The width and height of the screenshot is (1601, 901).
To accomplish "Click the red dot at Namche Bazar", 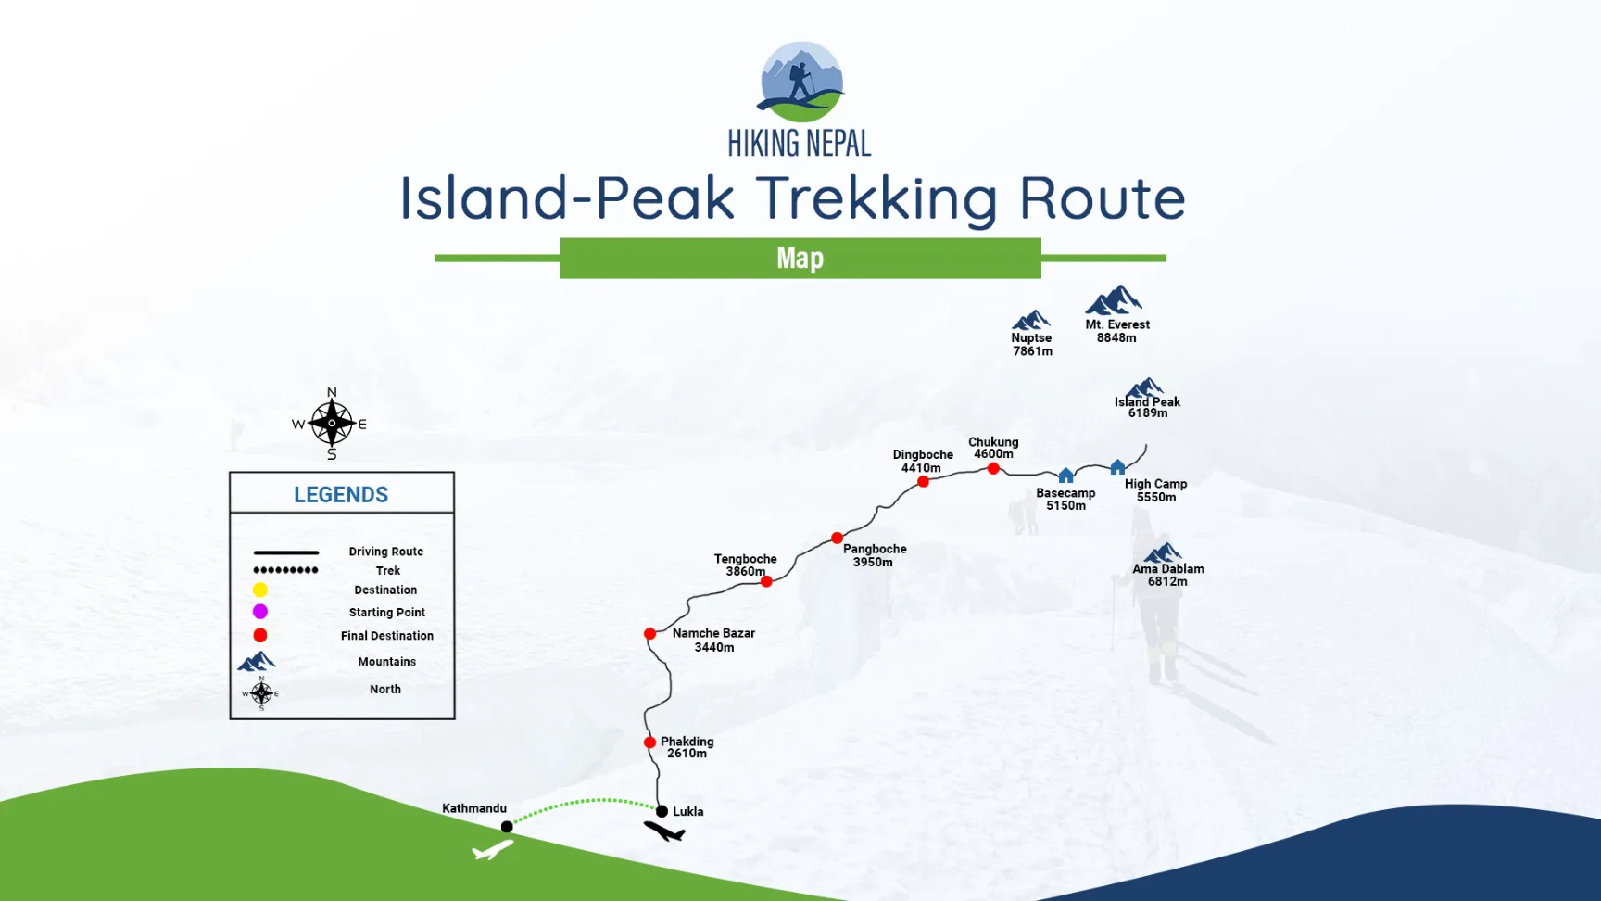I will click(650, 634).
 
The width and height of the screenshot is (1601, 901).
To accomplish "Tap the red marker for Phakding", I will click(650, 742).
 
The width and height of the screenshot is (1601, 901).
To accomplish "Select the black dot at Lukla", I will click(662, 812).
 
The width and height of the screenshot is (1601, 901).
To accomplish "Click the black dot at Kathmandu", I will click(507, 827).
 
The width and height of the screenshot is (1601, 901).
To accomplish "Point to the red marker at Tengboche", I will click(766, 581).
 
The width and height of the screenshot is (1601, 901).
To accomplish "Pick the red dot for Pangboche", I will click(838, 539).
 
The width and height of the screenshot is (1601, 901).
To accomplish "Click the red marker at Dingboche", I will click(924, 482).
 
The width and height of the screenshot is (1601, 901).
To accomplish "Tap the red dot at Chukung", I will click(993, 469).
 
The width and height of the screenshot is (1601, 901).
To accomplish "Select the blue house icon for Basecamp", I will click(1066, 476).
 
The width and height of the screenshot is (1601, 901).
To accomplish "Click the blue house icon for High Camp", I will click(1118, 467).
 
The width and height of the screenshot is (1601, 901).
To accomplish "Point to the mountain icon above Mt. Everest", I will click(1114, 301).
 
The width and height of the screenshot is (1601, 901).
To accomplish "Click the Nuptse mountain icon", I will click(1031, 321).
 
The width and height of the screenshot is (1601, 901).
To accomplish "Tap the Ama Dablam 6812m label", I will click(1168, 576).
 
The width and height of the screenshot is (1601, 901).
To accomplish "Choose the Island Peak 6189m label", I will click(1148, 408).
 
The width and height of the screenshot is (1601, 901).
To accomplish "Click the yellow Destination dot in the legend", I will click(260, 590).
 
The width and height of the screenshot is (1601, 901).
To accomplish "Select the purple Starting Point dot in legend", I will click(260, 612).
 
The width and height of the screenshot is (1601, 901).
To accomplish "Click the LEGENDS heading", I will click(341, 495).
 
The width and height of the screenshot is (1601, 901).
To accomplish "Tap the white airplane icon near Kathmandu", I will click(493, 848).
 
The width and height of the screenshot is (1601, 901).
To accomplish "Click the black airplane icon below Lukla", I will click(665, 831).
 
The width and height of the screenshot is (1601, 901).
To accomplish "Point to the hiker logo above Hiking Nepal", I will click(801, 82).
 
